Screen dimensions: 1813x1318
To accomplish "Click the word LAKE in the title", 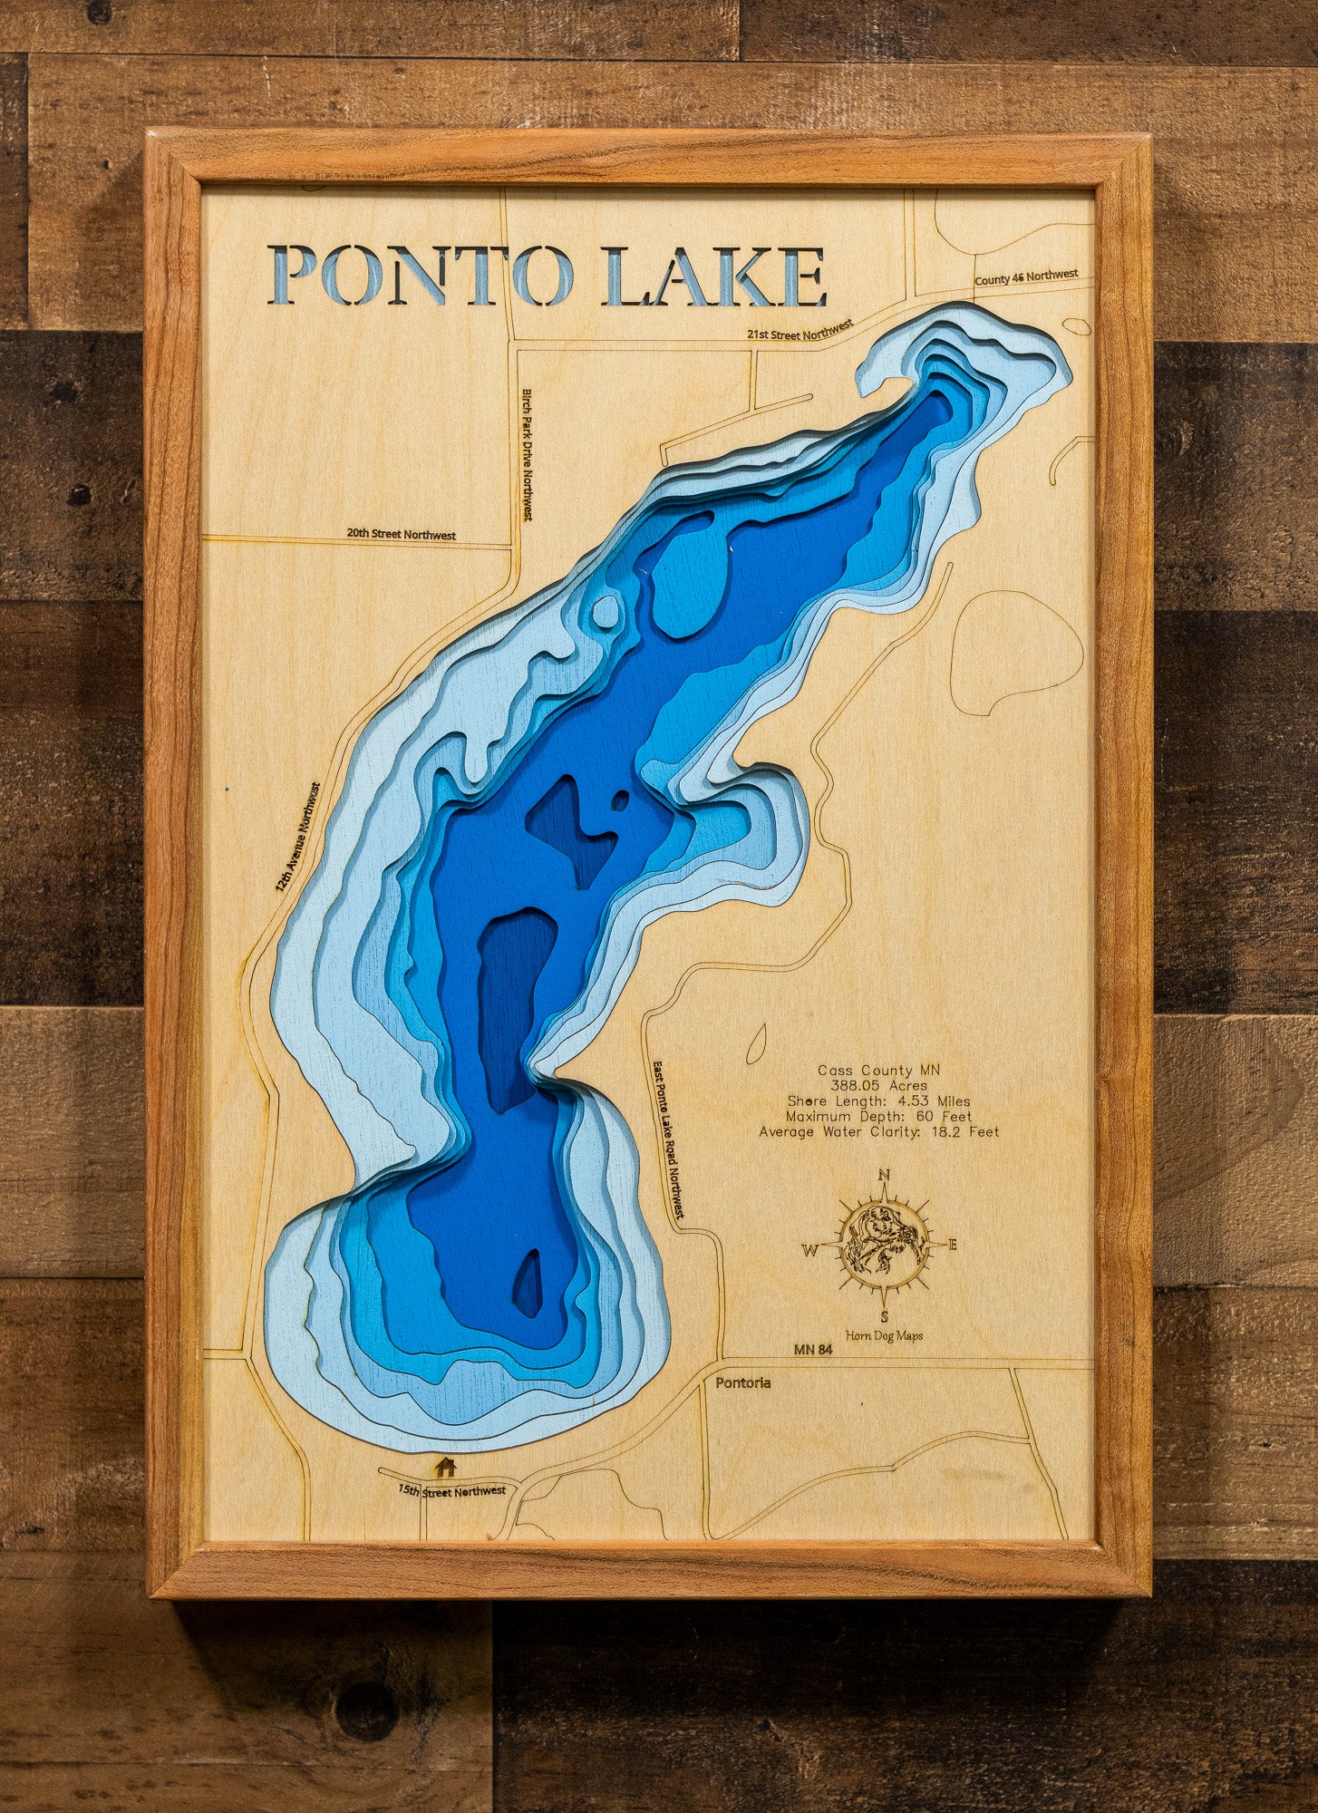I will [715, 276].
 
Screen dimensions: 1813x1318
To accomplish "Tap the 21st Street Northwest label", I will [800, 330].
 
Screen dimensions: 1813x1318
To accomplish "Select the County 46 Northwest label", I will [1026, 276].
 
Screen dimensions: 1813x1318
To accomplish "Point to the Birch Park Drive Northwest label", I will [527, 454].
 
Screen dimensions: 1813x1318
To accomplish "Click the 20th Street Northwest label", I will [401, 534].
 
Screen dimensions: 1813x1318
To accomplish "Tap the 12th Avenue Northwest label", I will [298, 838].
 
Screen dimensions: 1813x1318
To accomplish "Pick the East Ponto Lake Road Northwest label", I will [668, 1139].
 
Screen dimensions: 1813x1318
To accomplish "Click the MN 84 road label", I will [813, 1350].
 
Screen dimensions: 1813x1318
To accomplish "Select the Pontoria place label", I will [743, 1382].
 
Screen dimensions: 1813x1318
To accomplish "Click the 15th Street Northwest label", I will [452, 1491].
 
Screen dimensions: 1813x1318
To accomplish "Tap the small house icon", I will [444, 1466].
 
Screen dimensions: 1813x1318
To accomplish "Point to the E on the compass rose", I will [952, 1245].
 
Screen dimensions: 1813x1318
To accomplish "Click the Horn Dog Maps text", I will [884, 1334].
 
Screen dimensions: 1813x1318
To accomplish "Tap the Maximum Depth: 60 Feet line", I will [878, 1116].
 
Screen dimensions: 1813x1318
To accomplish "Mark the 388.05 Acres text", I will [878, 1085].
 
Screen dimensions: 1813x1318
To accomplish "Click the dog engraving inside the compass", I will [882, 1242].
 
